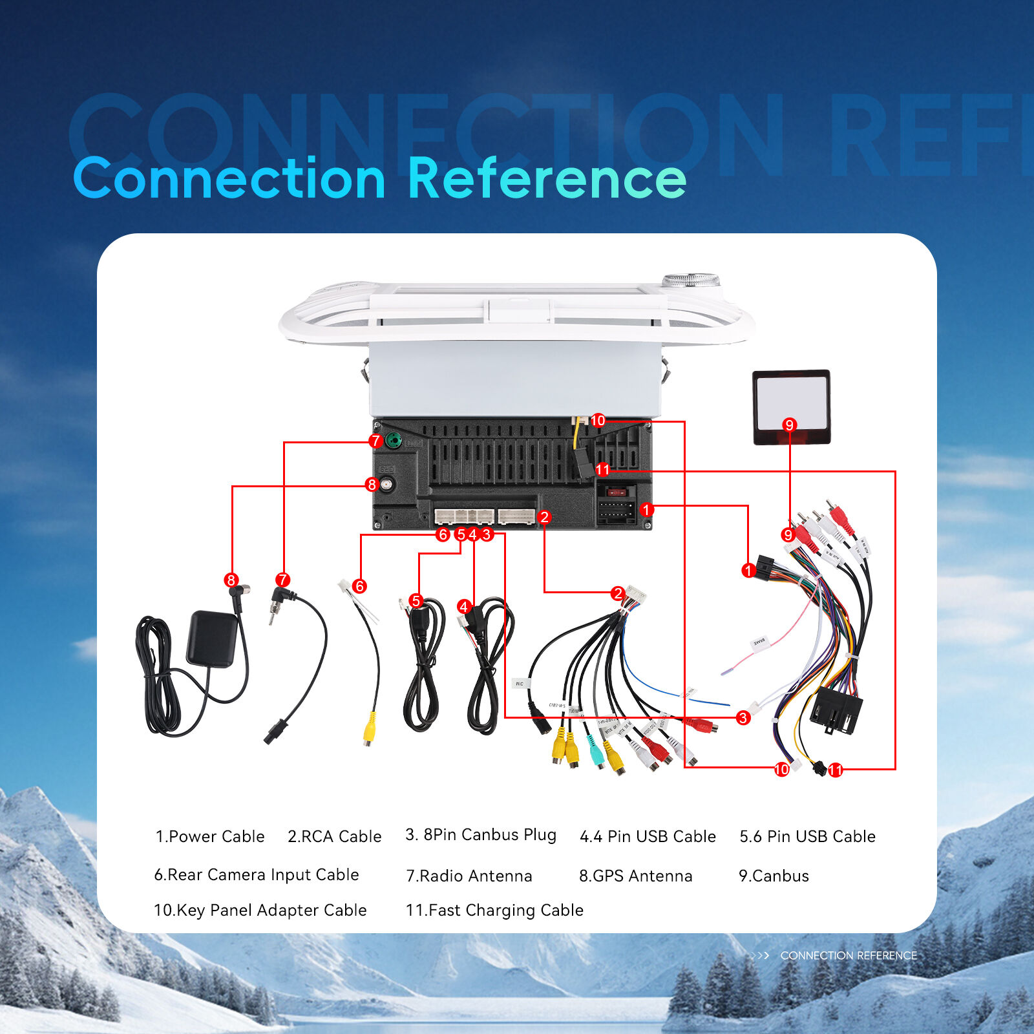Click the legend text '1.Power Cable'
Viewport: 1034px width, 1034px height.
coord(210,836)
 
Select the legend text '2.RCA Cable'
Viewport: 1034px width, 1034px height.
coord(334,836)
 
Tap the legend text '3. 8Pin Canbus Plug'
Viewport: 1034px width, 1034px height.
coord(481,835)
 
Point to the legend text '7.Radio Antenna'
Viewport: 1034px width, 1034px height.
coord(469,876)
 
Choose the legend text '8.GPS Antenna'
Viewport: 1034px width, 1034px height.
coord(635,876)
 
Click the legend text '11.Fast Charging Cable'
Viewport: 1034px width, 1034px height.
coord(494,910)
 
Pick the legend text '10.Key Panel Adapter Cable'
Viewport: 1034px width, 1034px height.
coord(260,910)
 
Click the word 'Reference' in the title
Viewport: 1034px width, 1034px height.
coord(547,178)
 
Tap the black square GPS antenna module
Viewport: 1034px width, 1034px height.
coord(211,638)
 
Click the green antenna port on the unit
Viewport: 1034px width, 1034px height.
coord(393,441)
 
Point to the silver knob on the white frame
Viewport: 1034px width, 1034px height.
coord(691,280)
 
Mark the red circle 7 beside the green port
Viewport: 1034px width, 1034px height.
coord(375,441)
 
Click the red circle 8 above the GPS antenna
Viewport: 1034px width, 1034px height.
coord(231,580)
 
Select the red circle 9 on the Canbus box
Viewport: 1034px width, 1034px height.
coord(788,425)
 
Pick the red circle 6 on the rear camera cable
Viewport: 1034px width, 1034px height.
coord(359,586)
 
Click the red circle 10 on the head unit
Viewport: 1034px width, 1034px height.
coord(598,421)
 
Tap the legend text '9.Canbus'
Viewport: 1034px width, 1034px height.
coord(774,876)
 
